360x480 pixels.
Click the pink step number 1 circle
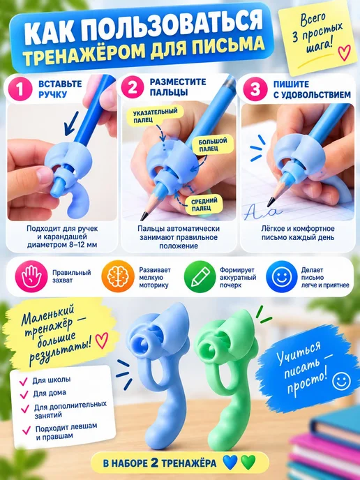pos(20,89)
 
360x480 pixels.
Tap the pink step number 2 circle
pos(133,87)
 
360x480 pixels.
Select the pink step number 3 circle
pos(255,89)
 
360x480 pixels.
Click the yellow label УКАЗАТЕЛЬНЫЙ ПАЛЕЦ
pos(155,116)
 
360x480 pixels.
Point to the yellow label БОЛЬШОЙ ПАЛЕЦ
pos(213,145)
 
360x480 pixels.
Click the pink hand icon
pos(31,276)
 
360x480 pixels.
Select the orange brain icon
pos(118,276)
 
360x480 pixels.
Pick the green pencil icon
pos(200,276)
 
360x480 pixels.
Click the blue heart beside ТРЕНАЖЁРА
pos(230,463)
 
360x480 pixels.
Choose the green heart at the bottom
pos(248,463)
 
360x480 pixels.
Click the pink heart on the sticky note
pos(344,52)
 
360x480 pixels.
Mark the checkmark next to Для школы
pos(24,382)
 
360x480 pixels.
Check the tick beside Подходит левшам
pos(26,430)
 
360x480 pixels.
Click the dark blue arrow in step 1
pos(71,123)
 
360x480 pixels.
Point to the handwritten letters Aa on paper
pos(262,212)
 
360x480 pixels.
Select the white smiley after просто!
pos(341,382)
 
